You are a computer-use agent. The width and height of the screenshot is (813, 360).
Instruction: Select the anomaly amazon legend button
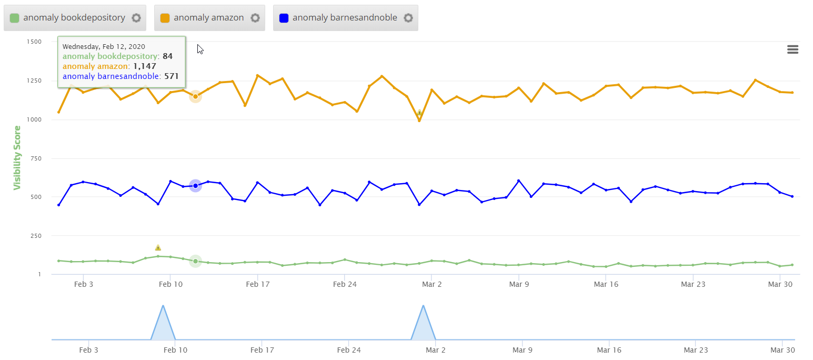[x=208, y=18]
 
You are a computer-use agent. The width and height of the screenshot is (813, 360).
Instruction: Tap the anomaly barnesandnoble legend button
[x=345, y=18]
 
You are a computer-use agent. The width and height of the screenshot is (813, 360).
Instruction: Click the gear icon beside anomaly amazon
[x=255, y=18]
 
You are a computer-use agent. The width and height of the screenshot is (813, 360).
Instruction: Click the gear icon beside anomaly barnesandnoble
[x=408, y=18]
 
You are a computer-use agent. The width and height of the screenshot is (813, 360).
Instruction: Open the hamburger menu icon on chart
[x=792, y=49]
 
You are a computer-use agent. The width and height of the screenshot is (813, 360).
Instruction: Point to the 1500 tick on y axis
[x=34, y=42]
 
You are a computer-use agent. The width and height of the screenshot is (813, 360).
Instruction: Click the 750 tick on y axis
[x=36, y=158]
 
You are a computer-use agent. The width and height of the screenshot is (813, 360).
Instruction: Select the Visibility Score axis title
[x=17, y=157]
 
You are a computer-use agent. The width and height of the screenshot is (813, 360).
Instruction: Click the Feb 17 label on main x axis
[x=258, y=284]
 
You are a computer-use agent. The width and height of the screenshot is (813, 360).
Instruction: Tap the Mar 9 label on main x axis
[x=519, y=284]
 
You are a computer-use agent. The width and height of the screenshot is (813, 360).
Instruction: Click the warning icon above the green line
[x=158, y=247]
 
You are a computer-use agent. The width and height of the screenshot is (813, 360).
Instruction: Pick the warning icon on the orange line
[x=419, y=113]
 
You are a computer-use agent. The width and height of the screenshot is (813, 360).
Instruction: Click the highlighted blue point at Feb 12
[x=195, y=186]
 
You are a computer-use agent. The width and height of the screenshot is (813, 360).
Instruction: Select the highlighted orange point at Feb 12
[x=195, y=96]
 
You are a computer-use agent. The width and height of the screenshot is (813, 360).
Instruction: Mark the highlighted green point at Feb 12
[x=195, y=261]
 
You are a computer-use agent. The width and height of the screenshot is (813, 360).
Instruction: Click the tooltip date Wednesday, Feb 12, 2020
[x=104, y=47]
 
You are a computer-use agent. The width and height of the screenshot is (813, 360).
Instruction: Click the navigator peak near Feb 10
[x=163, y=306]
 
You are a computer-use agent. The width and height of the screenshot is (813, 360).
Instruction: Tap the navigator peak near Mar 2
[x=423, y=306]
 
